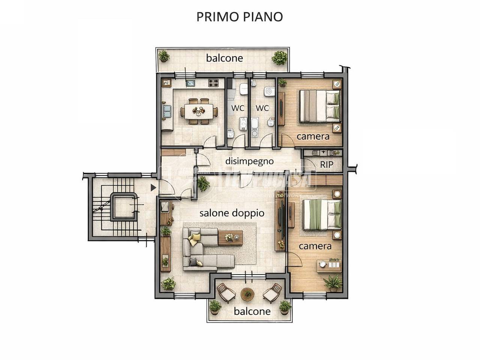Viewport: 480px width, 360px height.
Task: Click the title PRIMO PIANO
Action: (x=240, y=17)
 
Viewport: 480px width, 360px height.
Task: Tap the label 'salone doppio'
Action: (x=232, y=213)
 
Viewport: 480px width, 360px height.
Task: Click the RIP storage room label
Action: (x=327, y=165)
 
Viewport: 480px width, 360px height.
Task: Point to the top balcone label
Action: (x=225, y=58)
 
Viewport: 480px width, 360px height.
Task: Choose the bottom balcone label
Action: (x=252, y=311)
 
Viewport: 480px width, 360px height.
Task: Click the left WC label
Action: (x=238, y=108)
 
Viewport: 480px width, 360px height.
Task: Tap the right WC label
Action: (x=262, y=108)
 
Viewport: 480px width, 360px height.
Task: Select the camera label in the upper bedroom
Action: (x=313, y=136)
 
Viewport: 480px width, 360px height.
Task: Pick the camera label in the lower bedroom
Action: (x=315, y=246)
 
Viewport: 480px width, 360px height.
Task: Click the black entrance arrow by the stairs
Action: (x=153, y=187)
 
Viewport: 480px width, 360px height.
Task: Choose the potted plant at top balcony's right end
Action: (x=279, y=58)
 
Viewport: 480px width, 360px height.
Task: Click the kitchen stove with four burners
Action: (x=214, y=83)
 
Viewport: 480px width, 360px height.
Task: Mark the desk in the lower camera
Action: (x=329, y=265)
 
